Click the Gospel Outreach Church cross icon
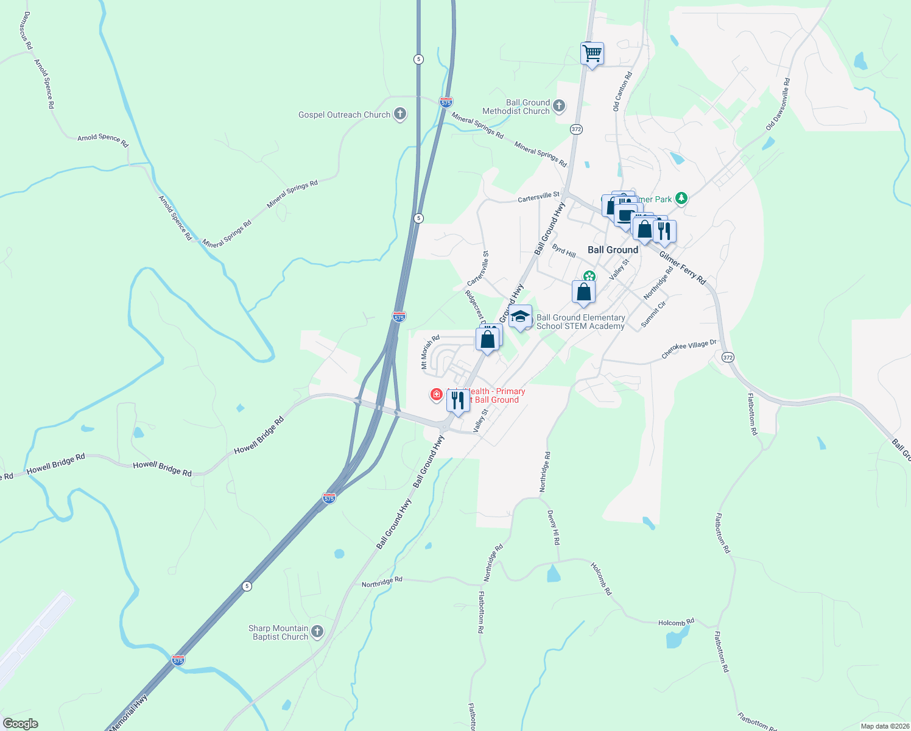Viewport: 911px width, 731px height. point(400,114)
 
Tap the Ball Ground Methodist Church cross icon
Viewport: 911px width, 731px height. point(559,107)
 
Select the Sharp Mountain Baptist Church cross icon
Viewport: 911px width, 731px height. point(317,632)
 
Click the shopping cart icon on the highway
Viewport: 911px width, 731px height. point(592,54)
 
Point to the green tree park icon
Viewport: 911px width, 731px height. point(681,199)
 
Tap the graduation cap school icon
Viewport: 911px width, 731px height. point(520,317)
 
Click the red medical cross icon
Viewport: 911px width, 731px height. point(436,395)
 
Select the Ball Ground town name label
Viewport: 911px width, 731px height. point(613,250)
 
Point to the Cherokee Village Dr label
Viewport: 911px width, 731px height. point(689,349)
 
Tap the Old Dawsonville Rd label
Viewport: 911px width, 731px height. point(778,104)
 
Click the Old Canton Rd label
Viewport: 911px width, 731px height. point(622,91)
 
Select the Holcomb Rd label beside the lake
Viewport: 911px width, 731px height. point(676,623)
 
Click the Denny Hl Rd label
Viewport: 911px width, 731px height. point(553,528)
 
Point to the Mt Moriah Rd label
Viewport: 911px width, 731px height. point(430,352)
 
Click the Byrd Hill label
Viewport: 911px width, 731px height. point(564,251)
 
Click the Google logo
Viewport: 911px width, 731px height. point(20,724)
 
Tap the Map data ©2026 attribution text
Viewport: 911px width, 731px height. point(885,726)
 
